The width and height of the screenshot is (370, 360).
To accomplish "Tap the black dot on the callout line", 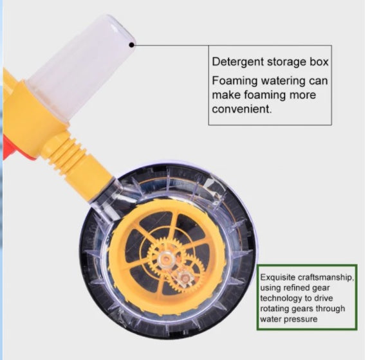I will click(x=132, y=44).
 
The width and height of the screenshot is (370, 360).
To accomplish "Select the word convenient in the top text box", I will click(x=243, y=109).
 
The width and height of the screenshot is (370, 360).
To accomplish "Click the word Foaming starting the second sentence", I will click(x=235, y=81).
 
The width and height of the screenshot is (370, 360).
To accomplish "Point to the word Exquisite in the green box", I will click(x=277, y=276).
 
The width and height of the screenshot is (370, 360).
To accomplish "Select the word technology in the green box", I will click(x=282, y=297).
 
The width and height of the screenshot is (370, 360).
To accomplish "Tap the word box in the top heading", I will click(x=319, y=63).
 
